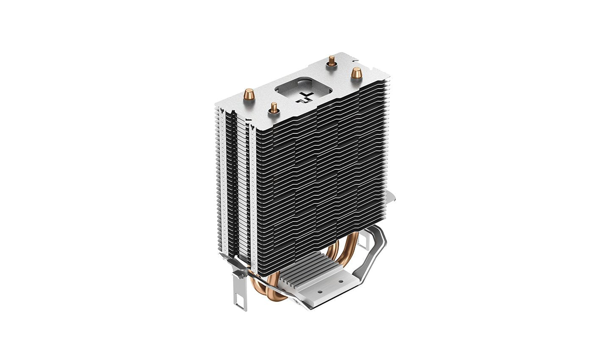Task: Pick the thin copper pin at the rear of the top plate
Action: pyautogui.click(x=330, y=63)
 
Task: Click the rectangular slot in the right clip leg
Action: pyautogui.click(x=363, y=241)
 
